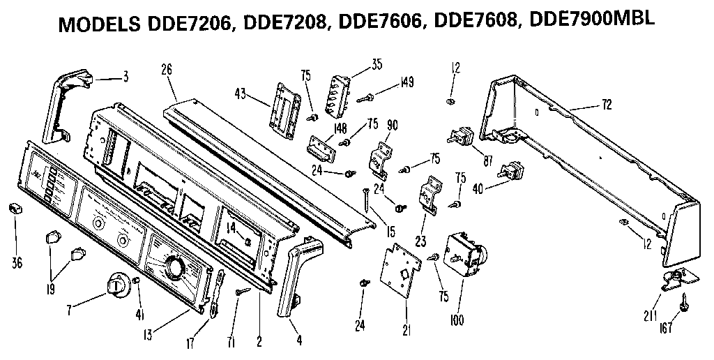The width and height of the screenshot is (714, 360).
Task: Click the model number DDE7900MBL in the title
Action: pos(593,21)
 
